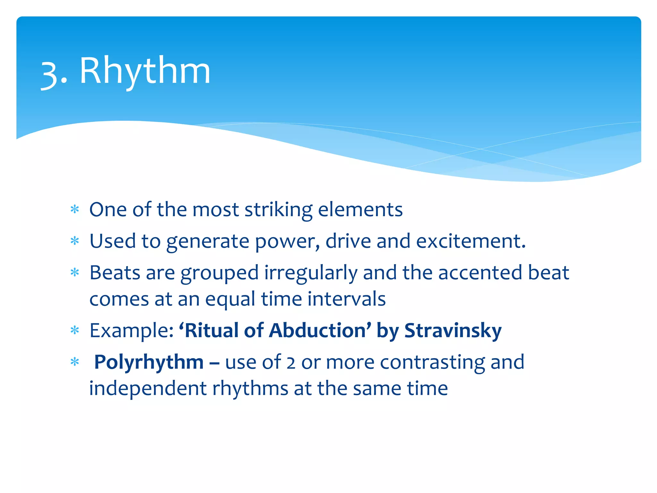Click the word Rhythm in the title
(x=145, y=71)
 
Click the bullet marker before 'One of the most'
(x=75, y=210)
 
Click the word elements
(x=360, y=210)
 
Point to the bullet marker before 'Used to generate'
(x=75, y=241)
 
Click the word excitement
(x=471, y=241)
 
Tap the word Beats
(x=115, y=273)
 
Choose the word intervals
(x=346, y=299)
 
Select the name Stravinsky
(x=453, y=331)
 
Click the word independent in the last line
(x=148, y=388)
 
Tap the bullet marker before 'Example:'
(x=75, y=330)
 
